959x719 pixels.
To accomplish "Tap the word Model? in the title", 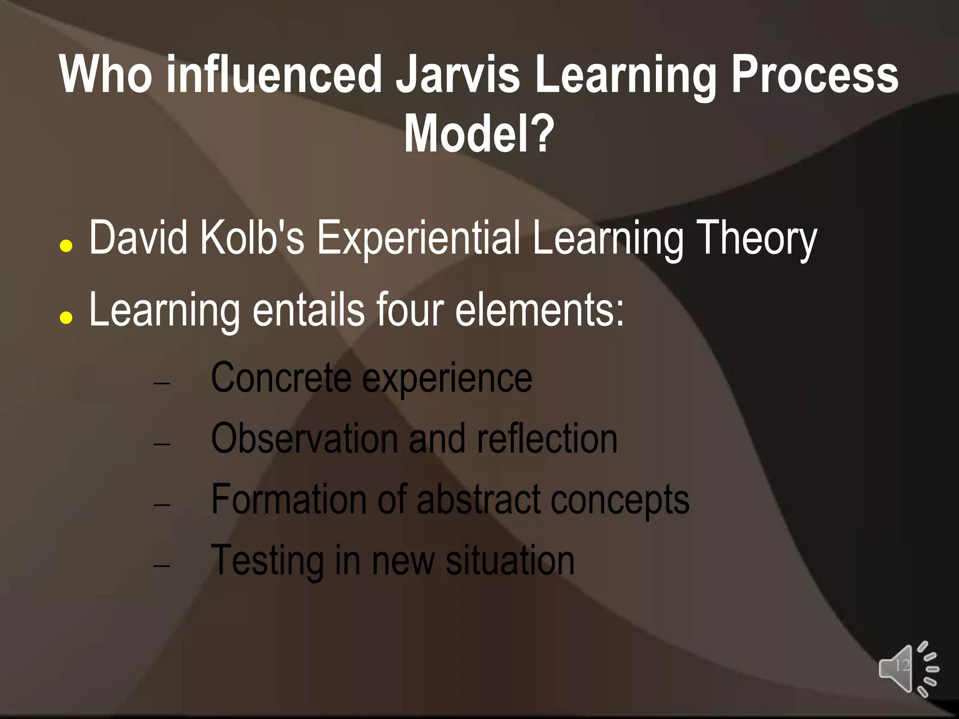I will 479,134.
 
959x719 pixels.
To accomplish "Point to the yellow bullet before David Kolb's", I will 66,246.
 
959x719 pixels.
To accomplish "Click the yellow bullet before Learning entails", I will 66,318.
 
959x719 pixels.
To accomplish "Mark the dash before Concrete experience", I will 162,383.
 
